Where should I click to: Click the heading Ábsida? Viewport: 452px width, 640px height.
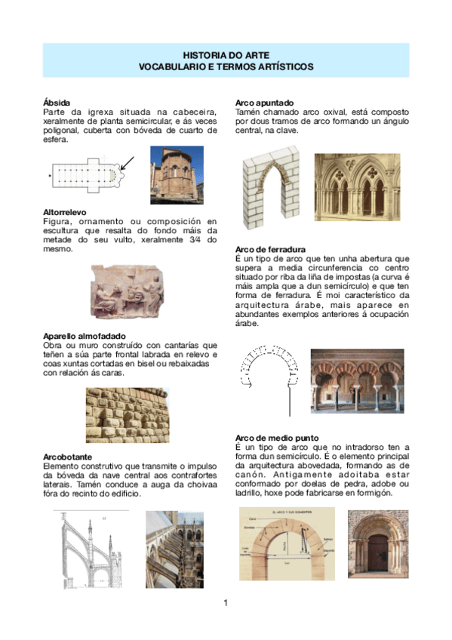tap(57, 102)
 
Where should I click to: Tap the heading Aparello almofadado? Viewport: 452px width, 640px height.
tap(85, 335)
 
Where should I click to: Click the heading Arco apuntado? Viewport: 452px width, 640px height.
tap(264, 102)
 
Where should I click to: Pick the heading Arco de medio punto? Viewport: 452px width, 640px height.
tap(276, 438)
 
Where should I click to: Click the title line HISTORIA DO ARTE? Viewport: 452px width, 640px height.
tap(226, 55)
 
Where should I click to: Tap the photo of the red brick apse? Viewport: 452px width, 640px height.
tap(177, 174)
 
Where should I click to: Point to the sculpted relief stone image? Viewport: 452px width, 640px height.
tap(126, 291)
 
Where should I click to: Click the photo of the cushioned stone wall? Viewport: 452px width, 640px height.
tap(127, 415)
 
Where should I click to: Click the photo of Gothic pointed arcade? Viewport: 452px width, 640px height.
tap(357, 185)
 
